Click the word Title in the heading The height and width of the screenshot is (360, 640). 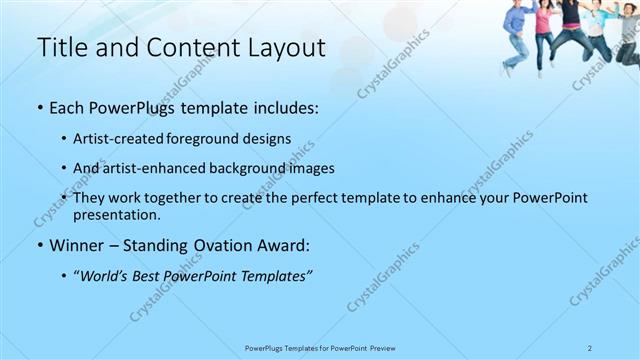[58, 47]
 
